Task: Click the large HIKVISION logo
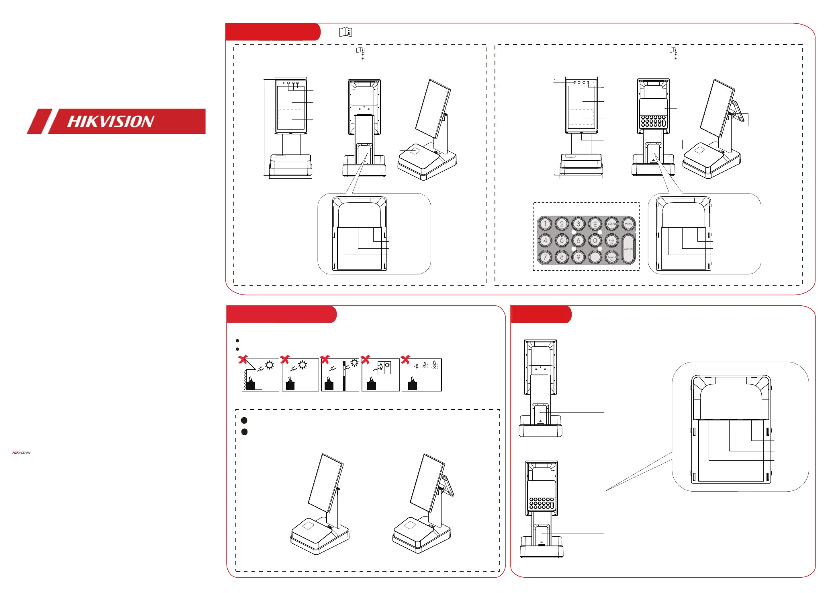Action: click(116, 121)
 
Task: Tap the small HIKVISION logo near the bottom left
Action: click(21, 453)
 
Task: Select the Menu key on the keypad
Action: click(628, 224)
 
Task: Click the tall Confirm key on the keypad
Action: click(628, 249)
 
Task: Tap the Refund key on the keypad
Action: click(611, 257)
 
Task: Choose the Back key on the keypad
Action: click(611, 241)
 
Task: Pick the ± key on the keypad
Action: click(595, 224)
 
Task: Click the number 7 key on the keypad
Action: click(545, 257)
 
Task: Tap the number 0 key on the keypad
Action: click(595, 241)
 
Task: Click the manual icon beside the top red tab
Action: click(345, 32)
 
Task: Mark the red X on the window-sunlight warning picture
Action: click(365, 359)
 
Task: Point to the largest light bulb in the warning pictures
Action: click(434, 365)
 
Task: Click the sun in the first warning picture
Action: click(269, 365)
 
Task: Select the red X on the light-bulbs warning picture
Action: click(406, 359)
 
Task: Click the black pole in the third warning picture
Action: click(344, 376)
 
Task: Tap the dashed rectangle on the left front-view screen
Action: click(290, 117)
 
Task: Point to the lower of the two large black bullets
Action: click(244, 432)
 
